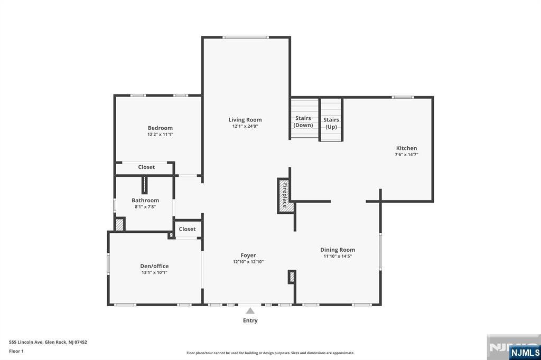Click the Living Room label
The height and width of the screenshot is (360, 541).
tap(245, 120)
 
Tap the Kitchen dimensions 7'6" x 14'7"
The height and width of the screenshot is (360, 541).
tap(406, 155)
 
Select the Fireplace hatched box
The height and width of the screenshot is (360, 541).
tap(285, 195)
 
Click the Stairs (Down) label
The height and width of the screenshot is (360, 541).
tap(303, 122)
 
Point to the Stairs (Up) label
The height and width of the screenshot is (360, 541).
tap(331, 124)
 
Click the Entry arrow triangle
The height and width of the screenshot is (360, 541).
tap(250, 311)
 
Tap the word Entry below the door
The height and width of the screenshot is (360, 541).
tap(250, 320)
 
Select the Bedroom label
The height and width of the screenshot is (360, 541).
tap(160, 128)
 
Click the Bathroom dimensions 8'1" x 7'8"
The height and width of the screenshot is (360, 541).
tap(145, 207)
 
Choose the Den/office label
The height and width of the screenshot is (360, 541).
tap(154, 266)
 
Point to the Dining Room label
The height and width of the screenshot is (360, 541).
tap(338, 250)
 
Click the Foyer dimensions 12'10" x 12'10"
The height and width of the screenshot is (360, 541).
tap(248, 262)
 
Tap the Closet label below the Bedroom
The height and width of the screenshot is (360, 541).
tap(146, 167)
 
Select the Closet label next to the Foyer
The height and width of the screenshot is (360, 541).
tap(187, 229)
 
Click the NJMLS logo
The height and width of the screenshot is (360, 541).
tap(524, 352)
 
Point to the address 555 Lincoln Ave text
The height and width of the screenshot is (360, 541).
tap(48, 342)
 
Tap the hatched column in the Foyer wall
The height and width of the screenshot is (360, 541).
tap(291, 277)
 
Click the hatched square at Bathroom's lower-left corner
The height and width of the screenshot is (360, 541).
tap(120, 224)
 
